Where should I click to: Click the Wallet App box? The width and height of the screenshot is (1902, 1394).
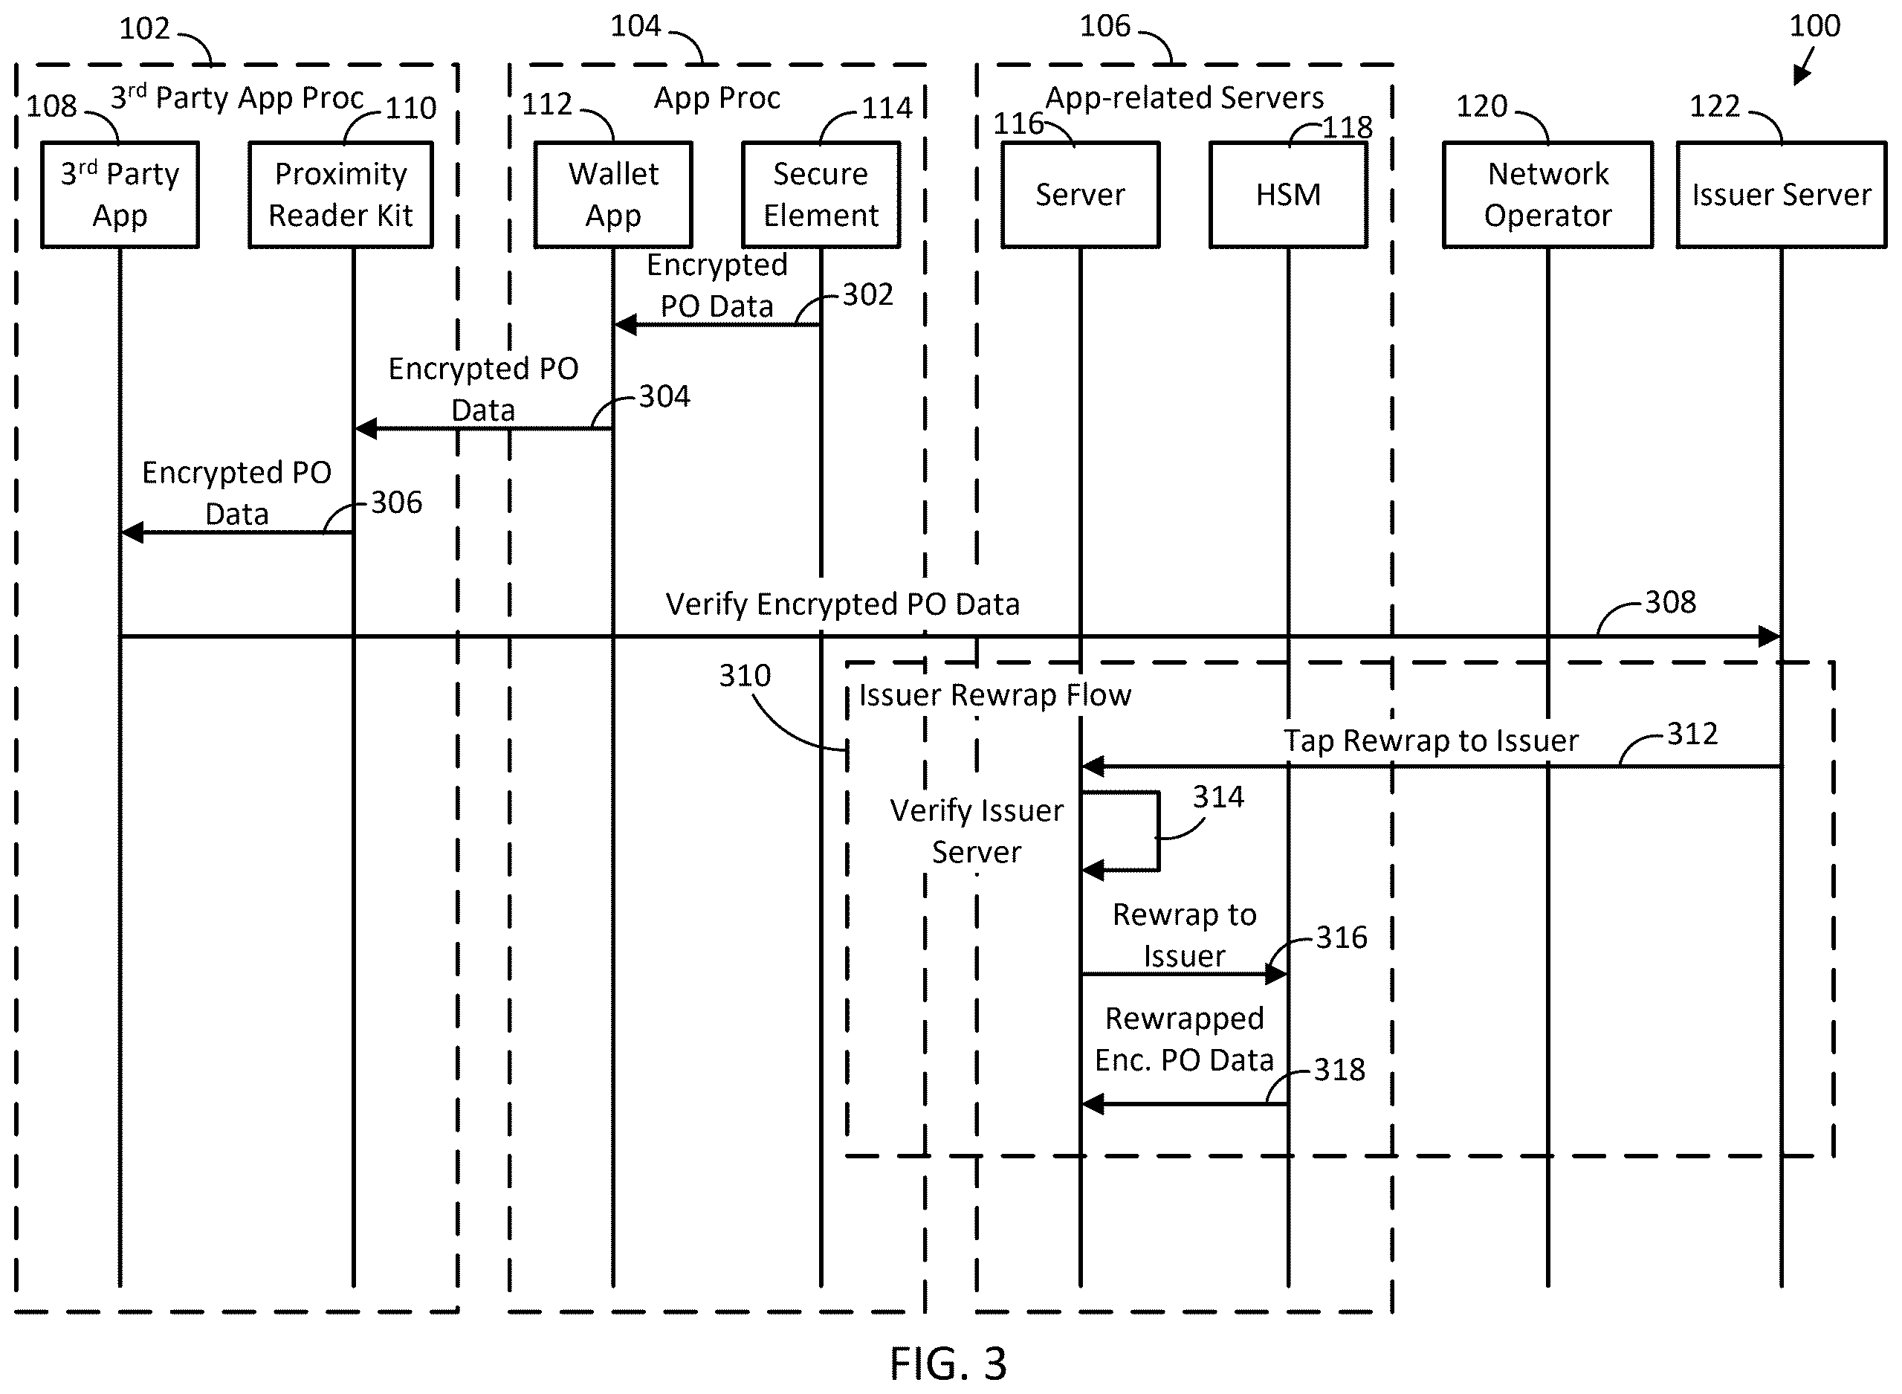613,195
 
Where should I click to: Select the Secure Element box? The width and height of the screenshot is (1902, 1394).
821,195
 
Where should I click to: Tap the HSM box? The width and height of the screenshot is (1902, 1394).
1288,195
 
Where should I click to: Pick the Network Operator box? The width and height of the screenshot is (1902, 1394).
1547,195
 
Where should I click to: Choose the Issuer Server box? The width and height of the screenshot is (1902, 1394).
1782,195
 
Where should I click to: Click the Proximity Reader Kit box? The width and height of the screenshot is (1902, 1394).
340,195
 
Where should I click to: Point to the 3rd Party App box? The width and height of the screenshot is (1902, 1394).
120,195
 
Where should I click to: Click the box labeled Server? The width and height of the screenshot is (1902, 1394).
1081,195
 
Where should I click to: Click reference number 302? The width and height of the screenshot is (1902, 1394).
867,294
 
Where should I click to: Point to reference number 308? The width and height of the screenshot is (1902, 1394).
1670,602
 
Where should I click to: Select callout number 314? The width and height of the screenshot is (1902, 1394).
1218,796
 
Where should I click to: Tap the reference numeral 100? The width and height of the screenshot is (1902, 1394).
1815,26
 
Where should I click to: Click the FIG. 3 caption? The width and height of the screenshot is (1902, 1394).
948,1363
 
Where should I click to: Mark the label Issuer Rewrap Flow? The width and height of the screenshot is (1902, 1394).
995,695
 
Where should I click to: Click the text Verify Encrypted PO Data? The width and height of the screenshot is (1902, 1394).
843,605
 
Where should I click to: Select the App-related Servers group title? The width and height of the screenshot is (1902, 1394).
1184,99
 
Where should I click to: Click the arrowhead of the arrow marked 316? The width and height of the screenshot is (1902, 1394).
1277,975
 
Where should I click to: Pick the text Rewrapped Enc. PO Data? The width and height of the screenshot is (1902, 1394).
1184,1039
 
